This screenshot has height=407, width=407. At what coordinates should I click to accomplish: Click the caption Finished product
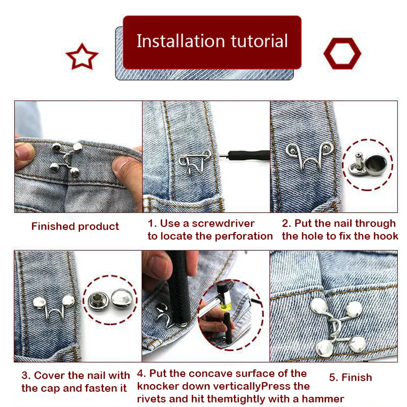[x=75, y=226]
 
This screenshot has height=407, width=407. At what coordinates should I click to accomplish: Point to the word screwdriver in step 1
[x=223, y=223]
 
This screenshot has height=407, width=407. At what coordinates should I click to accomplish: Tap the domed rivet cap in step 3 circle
[x=122, y=300]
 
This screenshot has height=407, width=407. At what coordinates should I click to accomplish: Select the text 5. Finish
[x=351, y=377]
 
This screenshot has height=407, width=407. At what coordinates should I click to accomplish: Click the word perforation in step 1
[x=244, y=236]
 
